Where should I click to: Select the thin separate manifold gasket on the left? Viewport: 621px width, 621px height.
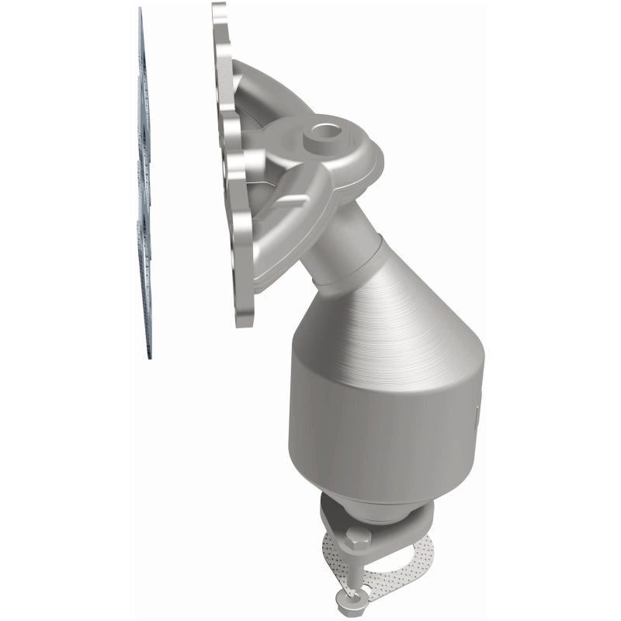[x=144, y=186]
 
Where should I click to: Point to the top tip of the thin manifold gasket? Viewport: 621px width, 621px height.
[x=140, y=12]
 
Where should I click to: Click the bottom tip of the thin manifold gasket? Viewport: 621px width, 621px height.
[x=148, y=353]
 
